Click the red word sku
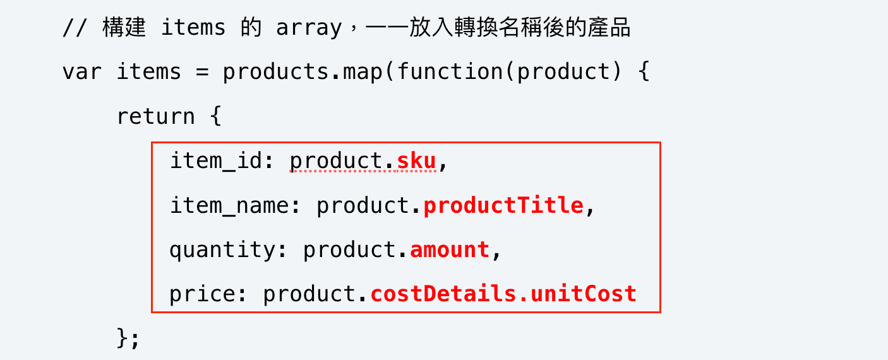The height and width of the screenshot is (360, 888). (x=416, y=161)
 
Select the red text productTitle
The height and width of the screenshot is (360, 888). (x=503, y=205)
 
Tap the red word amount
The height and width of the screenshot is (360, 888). (x=450, y=249)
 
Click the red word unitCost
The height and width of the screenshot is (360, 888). (x=584, y=294)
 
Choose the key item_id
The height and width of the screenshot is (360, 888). (x=217, y=161)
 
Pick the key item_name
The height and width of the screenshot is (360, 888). (x=230, y=205)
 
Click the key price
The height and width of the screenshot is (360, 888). (x=203, y=294)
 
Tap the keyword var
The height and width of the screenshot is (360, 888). (x=82, y=72)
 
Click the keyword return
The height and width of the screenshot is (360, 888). (x=156, y=117)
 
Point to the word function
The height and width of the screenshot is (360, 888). (x=450, y=71)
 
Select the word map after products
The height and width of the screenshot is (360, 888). (x=363, y=73)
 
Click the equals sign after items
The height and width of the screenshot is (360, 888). (x=202, y=72)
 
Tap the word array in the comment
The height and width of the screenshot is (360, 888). (x=309, y=28)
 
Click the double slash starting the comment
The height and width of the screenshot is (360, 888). (x=75, y=28)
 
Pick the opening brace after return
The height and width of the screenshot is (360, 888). (x=215, y=116)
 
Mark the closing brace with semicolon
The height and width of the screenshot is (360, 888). (x=128, y=339)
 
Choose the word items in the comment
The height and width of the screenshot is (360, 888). (x=193, y=27)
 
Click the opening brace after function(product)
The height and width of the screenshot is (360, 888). (x=644, y=71)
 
